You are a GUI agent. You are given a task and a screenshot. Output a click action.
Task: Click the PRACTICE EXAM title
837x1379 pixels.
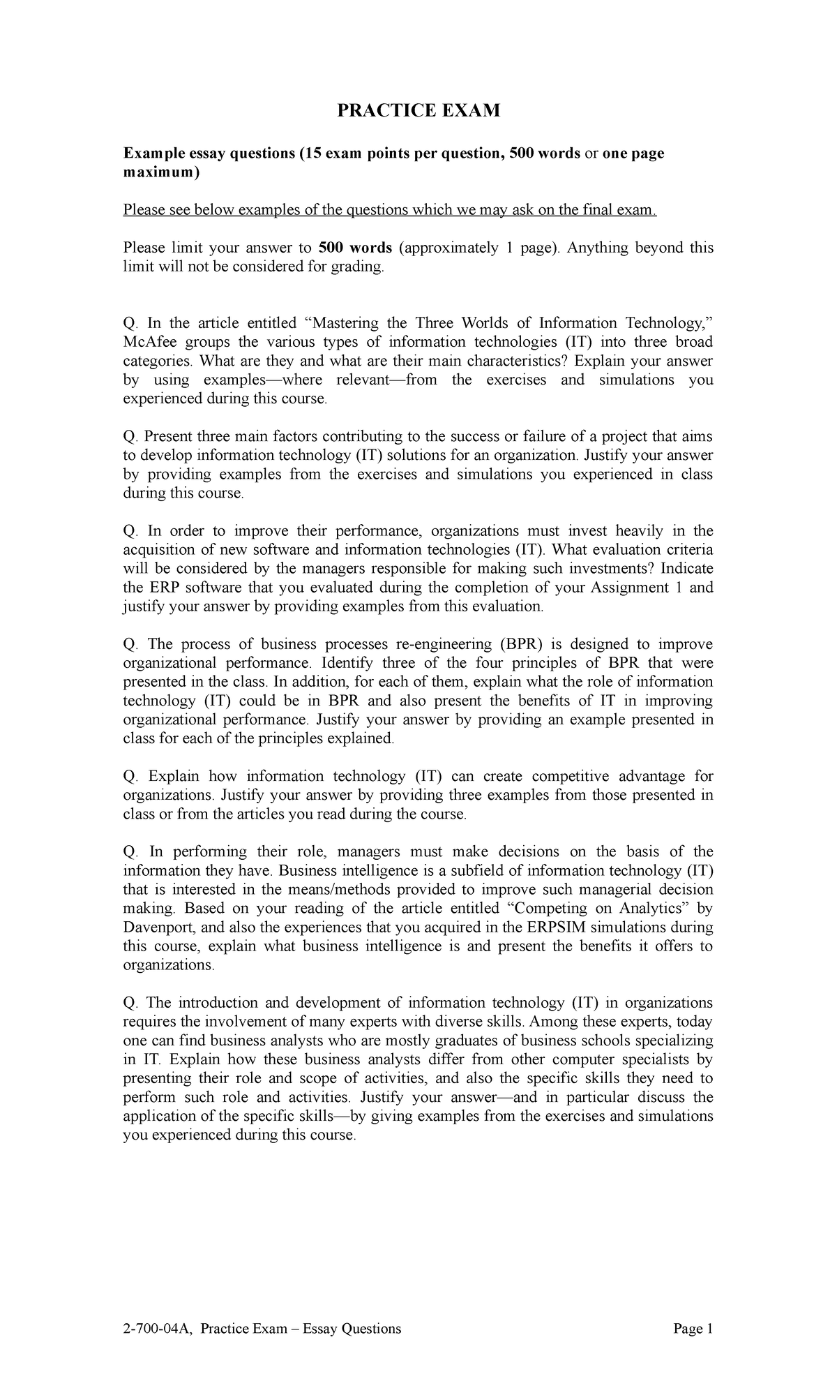[x=418, y=110]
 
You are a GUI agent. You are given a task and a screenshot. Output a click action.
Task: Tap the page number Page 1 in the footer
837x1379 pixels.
[x=693, y=1328]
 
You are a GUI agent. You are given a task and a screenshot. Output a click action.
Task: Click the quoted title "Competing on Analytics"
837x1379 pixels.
[x=597, y=909]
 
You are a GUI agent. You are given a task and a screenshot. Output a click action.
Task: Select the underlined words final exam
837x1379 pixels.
[x=622, y=210]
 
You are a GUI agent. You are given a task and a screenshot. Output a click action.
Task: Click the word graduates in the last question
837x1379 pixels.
[x=474, y=1041]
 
